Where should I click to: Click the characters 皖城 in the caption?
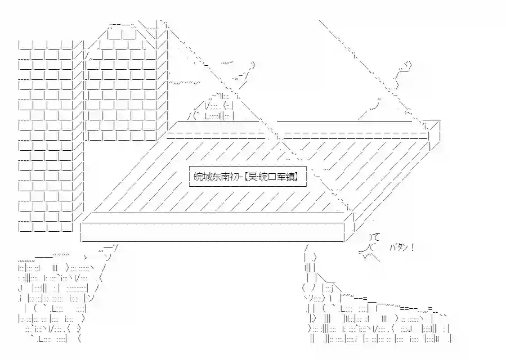pyautogui.click(x=203, y=177)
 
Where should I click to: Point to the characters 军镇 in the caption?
pyautogui.click(x=285, y=177)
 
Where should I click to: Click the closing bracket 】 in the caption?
pyautogui.click(x=296, y=177)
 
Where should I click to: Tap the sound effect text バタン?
pyautogui.click(x=398, y=247)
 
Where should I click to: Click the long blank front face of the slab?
pyautogui.click(x=212, y=232)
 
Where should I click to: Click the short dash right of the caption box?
pyautogui.click(x=317, y=177)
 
